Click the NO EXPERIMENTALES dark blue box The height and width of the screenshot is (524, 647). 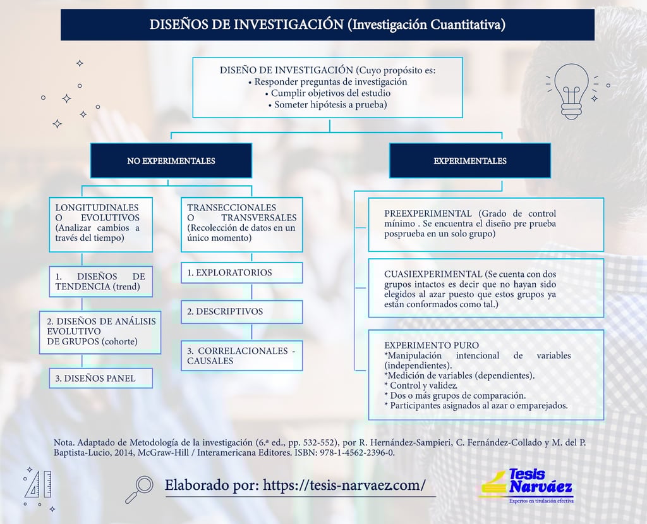[x=171, y=161]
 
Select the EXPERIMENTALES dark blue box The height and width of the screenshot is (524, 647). [x=469, y=161]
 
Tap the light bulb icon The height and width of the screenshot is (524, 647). [x=571, y=92]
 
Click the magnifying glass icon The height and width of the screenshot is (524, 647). [x=140, y=489]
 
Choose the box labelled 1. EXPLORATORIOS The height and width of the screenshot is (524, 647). [x=241, y=273]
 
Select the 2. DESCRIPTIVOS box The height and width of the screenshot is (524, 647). [x=241, y=312]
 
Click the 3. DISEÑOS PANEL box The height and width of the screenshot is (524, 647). [x=101, y=378]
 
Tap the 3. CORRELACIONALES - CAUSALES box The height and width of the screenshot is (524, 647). [x=241, y=356]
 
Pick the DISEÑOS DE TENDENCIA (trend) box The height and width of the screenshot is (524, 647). [x=100, y=282]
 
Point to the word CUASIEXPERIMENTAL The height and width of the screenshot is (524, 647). [x=433, y=274]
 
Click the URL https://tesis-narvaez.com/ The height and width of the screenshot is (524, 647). [x=344, y=485]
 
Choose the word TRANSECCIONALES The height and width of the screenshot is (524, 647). [x=231, y=207]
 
